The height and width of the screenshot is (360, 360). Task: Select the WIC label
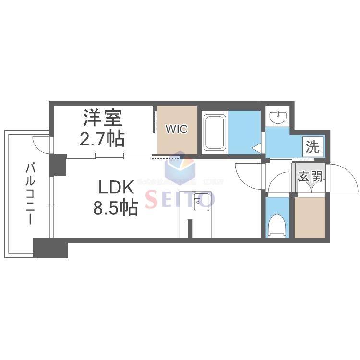(177, 129)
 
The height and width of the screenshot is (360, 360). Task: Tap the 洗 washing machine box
(312, 147)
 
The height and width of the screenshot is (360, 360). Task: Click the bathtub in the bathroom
(215, 132)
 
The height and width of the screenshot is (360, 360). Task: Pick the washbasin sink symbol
(277, 117)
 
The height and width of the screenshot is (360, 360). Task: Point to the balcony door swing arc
(40, 144)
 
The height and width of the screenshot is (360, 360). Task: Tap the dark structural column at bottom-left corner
(50, 248)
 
